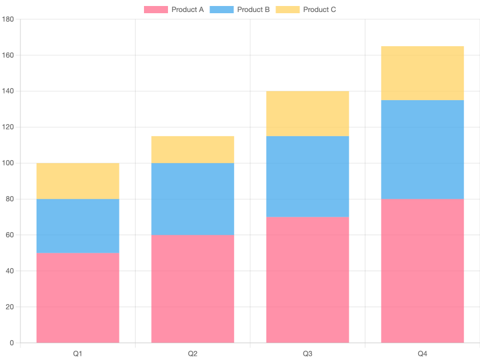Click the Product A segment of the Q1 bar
[78, 298]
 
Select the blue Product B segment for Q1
[78, 226]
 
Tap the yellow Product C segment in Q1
[78, 181]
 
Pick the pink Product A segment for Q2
[193, 289]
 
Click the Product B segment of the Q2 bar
[193, 199]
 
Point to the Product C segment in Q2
[193, 149]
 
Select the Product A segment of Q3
[307, 280]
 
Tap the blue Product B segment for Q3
[307, 176]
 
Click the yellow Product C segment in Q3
[307, 113]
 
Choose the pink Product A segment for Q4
[422, 271]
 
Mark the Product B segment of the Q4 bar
[422, 149]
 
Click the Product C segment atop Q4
[422, 73]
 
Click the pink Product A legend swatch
[155, 10]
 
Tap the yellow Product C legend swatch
[287, 10]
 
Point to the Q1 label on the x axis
[78, 354]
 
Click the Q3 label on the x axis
[307, 354]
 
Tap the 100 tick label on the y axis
[8, 163]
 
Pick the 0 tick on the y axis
[11, 343]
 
